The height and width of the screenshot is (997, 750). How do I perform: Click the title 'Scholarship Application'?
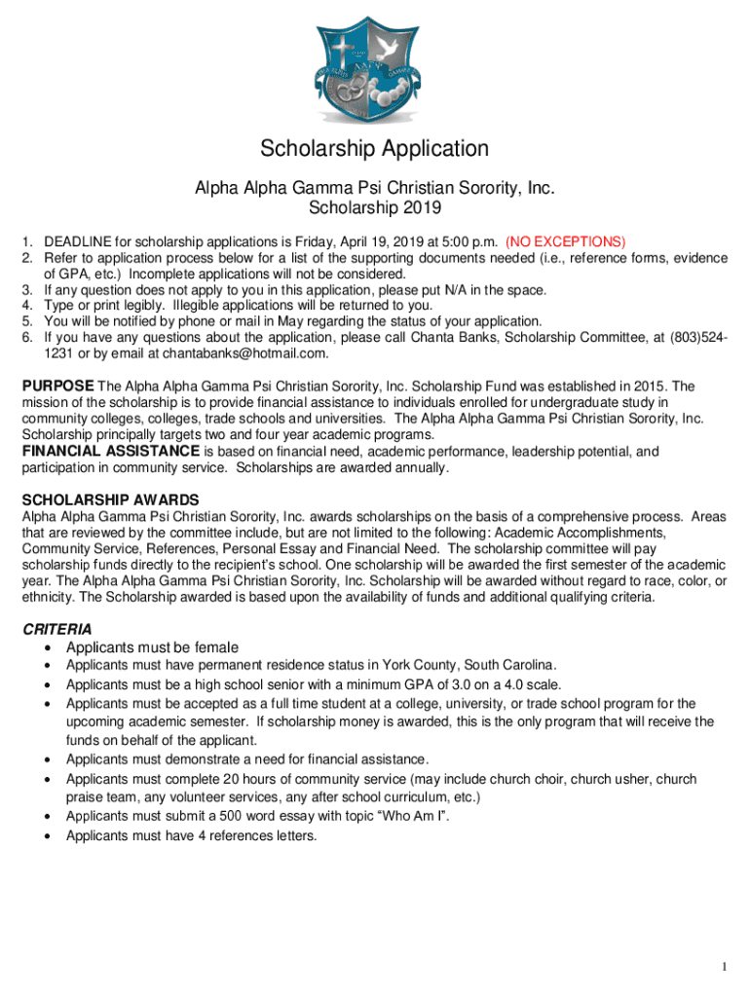[x=374, y=149]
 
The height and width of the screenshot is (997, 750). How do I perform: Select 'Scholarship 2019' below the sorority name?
[x=374, y=207]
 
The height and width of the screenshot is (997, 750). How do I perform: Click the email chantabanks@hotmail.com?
[x=245, y=353]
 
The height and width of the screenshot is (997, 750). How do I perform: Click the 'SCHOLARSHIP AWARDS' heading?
[x=110, y=499]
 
